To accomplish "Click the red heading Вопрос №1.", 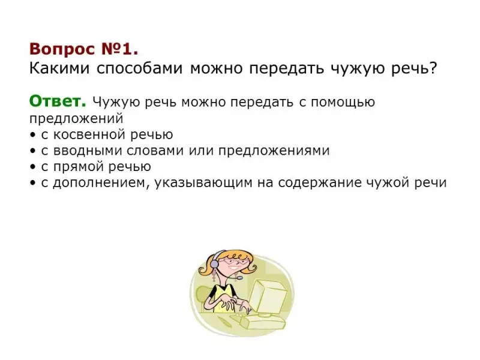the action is [83, 49].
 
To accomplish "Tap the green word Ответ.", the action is [58, 101].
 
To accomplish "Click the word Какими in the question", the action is [59, 68].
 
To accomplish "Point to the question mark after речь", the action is [433, 68].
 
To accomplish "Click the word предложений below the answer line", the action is [76, 119].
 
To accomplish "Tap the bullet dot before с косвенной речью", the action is [32, 135].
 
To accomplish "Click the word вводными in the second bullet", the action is [88, 151].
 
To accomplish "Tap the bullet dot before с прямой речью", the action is [32, 167].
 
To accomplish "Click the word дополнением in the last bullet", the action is [101, 183].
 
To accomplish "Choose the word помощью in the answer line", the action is [343, 103].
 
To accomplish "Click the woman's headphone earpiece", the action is [214, 263].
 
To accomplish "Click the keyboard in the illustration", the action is [263, 322].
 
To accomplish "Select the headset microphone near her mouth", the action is [239, 278].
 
